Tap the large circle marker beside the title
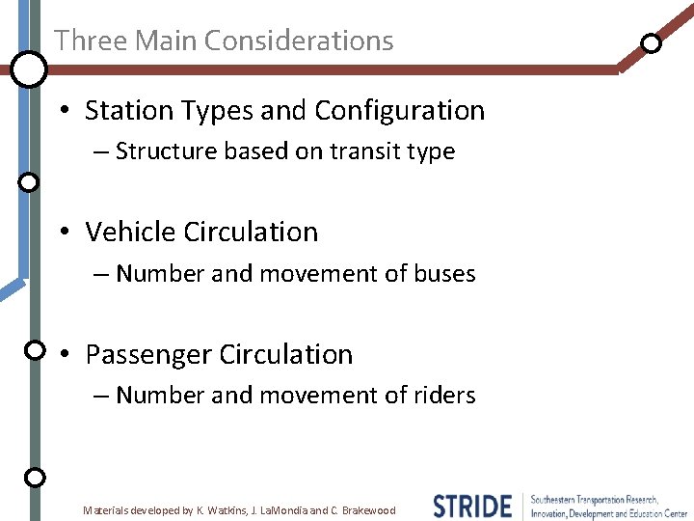point(29,69)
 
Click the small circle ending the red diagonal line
point(652,43)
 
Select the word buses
point(444,274)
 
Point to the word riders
point(444,396)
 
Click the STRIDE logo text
point(472,506)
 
